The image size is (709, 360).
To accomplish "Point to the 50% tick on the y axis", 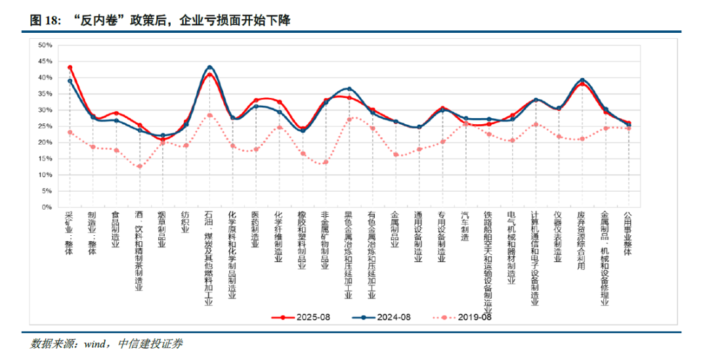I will coord(45,45).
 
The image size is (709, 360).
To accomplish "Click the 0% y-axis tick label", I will coord(47,207).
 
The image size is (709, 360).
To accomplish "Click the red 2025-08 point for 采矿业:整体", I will coord(70,68).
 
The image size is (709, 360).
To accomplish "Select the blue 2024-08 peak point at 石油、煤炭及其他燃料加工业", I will coord(209,68).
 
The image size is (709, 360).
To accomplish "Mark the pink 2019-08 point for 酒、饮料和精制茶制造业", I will coord(139,166).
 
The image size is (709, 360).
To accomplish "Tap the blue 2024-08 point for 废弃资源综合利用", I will coord(582,80).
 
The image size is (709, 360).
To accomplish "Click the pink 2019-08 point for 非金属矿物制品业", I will coord(326,162).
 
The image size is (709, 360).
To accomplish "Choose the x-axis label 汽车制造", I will coord(465,226).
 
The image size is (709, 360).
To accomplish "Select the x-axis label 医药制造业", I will coord(255,230).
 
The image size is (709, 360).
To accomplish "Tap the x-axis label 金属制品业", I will coord(395,230).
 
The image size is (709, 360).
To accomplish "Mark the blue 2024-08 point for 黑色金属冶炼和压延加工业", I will coord(349,89).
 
